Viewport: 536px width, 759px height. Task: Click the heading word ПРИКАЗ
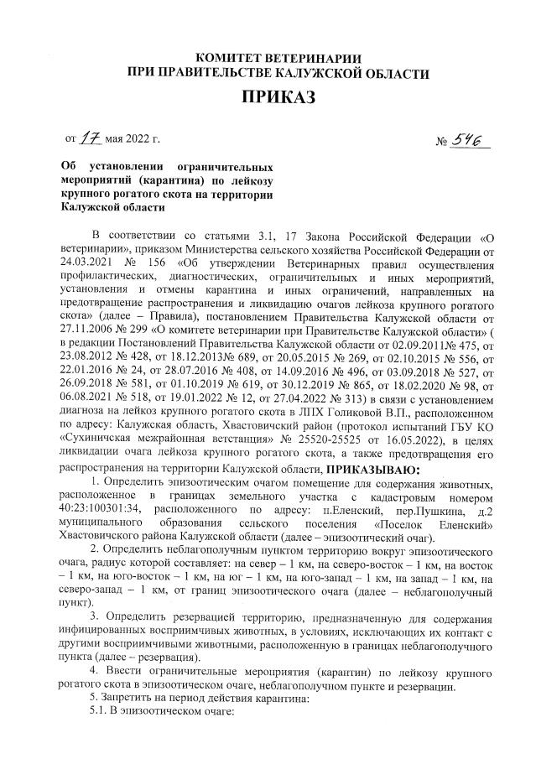pos(277,98)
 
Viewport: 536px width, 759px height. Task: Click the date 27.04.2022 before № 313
pos(310,398)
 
